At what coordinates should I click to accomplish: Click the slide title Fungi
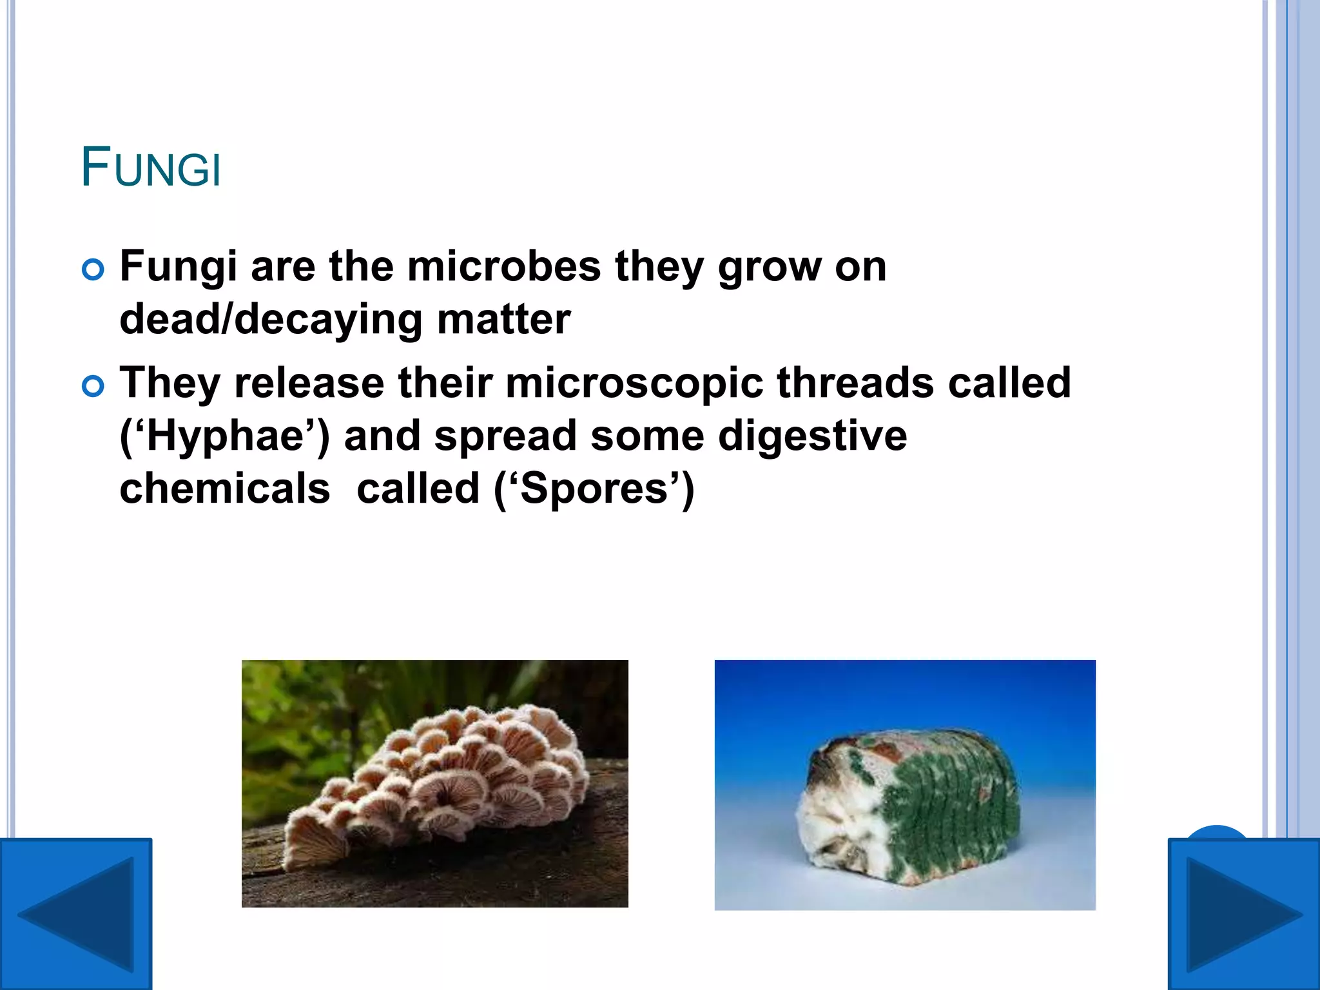151,168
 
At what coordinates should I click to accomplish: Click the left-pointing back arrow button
76,914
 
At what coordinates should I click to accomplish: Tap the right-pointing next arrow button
1243,914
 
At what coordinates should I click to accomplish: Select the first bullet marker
93,270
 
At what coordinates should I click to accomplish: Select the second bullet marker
93,387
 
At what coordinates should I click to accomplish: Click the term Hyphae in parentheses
225,436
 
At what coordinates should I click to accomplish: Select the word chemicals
225,488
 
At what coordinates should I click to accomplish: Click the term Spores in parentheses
594,488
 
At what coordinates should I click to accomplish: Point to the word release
309,382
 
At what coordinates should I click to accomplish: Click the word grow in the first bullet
770,267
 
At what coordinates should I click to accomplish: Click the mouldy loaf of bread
908,806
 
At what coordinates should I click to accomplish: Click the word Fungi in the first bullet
178,267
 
